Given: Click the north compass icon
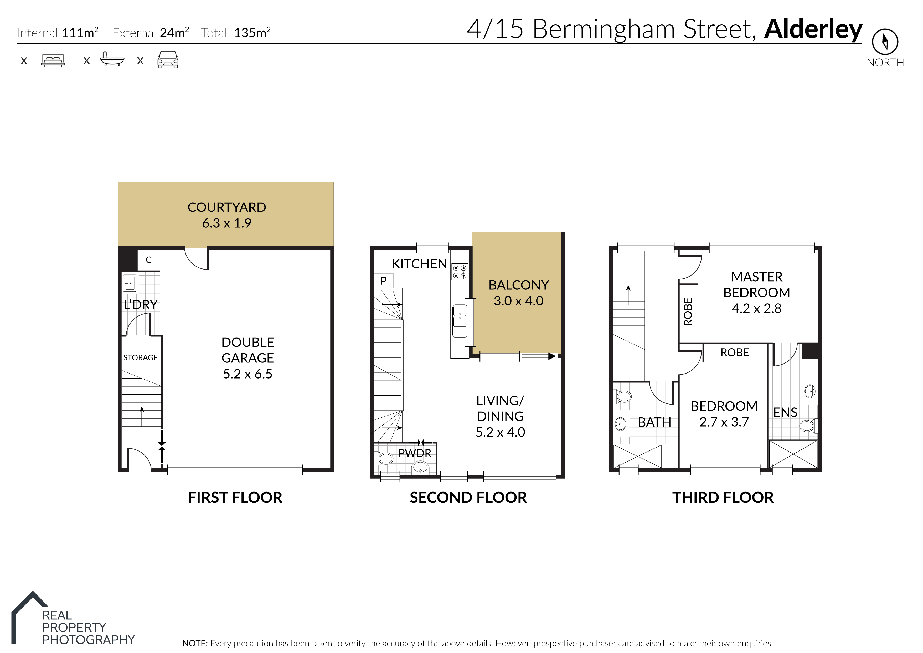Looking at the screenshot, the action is click(x=885, y=42).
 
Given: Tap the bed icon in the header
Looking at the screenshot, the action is click(x=53, y=60).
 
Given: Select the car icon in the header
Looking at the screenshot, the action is click(x=168, y=60).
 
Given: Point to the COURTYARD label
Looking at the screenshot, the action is click(x=226, y=207).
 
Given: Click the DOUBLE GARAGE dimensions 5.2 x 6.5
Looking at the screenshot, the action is click(x=248, y=374).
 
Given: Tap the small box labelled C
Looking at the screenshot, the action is click(x=148, y=260).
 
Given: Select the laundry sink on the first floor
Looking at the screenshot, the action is click(x=130, y=283).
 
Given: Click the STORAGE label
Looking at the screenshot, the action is click(x=140, y=357).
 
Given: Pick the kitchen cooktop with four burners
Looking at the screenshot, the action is click(x=460, y=272).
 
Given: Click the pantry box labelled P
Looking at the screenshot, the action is click(x=384, y=281).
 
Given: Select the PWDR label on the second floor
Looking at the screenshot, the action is click(x=415, y=453).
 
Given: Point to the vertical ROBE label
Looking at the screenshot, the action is click(x=688, y=312).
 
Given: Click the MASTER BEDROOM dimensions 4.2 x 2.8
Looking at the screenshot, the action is click(x=756, y=308).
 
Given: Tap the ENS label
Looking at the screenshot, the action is click(x=785, y=413).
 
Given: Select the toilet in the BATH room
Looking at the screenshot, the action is click(x=623, y=396).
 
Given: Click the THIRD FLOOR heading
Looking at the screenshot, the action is click(x=723, y=498).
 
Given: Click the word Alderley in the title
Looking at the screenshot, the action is click(x=813, y=30).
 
